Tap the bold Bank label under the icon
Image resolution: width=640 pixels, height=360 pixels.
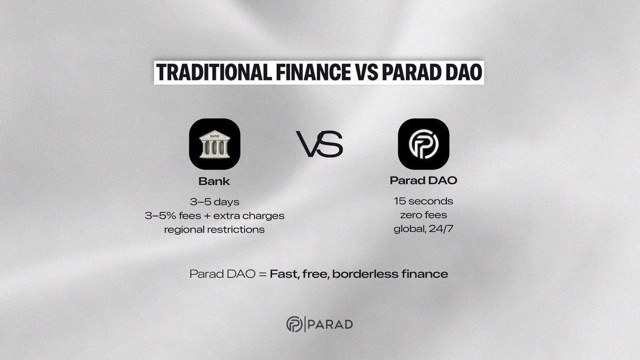[214, 181]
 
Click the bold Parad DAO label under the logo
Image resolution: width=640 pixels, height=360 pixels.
[423, 181]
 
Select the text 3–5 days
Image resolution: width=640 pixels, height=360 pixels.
[214, 202]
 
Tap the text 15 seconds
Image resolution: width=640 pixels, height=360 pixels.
[423, 202]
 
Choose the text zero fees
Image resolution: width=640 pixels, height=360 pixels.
[423, 216]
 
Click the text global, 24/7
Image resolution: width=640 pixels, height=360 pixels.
[423, 229]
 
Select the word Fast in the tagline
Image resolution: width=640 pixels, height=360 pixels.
[283, 275]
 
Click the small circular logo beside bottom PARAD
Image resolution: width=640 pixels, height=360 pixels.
[294, 324]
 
